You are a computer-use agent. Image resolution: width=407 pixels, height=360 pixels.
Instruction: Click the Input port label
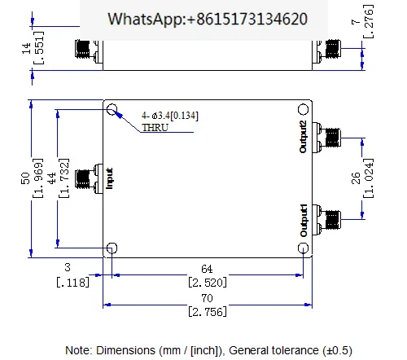(109, 178)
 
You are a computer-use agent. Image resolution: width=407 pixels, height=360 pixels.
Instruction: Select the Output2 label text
(303, 137)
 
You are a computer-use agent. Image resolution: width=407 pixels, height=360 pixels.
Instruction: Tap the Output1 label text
(304, 220)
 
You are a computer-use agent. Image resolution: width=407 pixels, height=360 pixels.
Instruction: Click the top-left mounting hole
(112, 109)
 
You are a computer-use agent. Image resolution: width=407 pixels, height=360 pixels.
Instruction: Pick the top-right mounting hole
(303, 109)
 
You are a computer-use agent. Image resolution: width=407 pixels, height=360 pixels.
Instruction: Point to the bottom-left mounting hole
(112, 248)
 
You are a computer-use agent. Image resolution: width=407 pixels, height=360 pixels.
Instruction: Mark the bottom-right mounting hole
(303, 248)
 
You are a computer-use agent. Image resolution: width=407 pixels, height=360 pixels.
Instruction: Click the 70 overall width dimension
(207, 298)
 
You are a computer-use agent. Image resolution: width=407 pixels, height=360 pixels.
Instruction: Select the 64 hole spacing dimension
(207, 269)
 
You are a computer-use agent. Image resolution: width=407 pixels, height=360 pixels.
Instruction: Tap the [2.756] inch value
(208, 312)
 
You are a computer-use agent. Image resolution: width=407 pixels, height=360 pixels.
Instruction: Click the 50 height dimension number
(25, 178)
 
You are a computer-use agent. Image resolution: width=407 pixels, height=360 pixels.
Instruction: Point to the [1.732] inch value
(64, 178)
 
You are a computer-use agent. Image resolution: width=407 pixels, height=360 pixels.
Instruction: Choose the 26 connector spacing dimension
(356, 178)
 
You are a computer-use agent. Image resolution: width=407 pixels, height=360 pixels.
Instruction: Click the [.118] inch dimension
(72, 283)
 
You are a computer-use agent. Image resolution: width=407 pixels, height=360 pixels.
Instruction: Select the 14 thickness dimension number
(26, 48)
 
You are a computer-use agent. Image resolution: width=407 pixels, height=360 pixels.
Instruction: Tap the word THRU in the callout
(155, 127)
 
